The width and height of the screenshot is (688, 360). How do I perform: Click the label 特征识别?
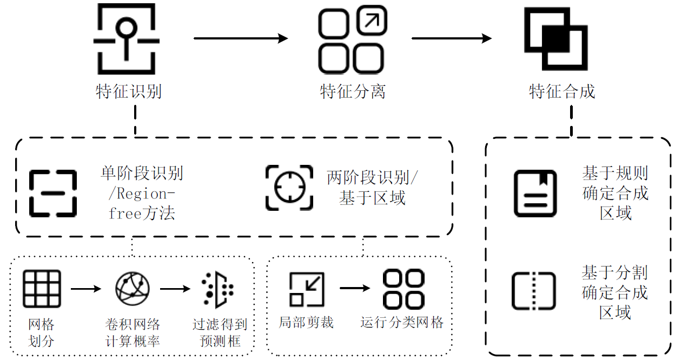129,91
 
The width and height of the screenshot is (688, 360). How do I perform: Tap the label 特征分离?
353,91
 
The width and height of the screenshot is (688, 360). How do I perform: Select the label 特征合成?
562,91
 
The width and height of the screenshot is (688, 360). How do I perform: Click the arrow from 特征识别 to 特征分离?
240,38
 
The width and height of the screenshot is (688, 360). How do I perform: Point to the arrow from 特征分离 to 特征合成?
451,38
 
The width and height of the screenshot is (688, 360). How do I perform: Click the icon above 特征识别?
127,39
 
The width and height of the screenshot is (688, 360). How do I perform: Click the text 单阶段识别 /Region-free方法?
142,193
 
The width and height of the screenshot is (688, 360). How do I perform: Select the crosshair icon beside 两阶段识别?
289,188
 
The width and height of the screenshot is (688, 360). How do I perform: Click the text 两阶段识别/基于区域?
372,188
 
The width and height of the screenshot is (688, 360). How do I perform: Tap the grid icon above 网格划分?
42,289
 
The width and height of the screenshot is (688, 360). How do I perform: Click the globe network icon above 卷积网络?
133,288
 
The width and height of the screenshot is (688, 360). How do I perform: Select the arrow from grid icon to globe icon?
86,289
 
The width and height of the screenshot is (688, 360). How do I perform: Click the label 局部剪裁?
306,323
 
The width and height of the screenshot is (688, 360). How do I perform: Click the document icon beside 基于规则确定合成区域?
534,193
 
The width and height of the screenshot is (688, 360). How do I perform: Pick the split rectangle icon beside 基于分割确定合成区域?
534,291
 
